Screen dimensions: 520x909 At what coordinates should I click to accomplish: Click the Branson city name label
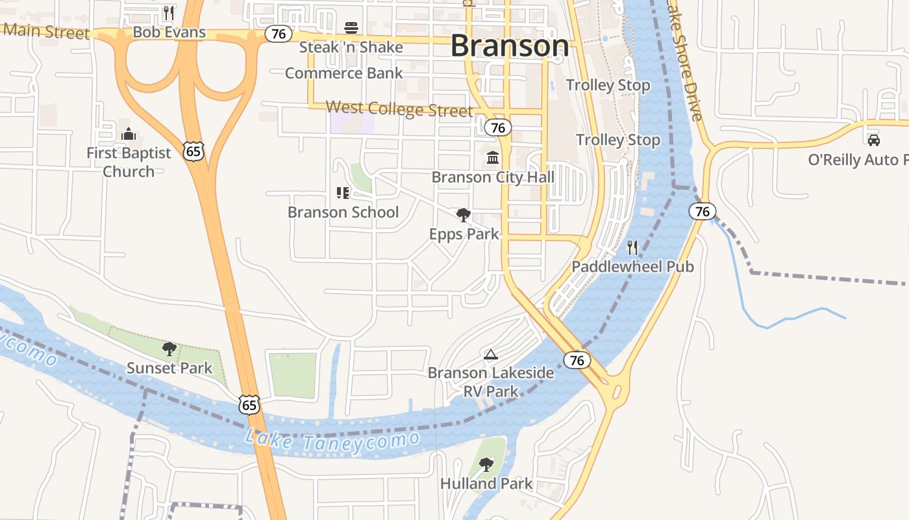coord(509,45)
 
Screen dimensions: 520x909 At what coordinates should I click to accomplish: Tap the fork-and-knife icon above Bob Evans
coord(169,12)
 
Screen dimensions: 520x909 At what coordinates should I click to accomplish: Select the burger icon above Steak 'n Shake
coord(351,28)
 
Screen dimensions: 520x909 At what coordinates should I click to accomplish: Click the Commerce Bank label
coord(344,73)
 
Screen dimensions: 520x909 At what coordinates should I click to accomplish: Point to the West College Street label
coord(399,109)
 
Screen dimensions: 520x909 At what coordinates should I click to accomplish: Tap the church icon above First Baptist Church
coord(129,134)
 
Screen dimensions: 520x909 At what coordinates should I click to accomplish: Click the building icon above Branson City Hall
coord(493,157)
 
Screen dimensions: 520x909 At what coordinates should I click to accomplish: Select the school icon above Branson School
coord(343,192)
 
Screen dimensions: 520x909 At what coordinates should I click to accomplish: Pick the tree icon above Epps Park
coord(464,214)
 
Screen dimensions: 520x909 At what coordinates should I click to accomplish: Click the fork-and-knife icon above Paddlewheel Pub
coord(632,247)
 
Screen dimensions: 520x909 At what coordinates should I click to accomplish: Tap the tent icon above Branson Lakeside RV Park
coord(491,354)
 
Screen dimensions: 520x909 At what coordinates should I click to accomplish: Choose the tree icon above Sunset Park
coord(169,349)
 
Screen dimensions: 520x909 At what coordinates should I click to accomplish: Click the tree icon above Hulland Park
coord(486,464)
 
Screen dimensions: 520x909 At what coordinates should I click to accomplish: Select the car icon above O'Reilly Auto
coord(874,140)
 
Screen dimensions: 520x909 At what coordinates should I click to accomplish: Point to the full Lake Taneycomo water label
coord(332,439)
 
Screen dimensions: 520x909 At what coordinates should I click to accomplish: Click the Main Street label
coord(45,31)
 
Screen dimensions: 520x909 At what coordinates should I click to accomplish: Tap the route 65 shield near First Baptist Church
coord(194,151)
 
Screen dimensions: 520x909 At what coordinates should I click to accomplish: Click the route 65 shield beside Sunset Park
coord(249,404)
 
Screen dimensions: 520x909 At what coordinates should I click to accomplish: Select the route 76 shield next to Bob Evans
coord(279,34)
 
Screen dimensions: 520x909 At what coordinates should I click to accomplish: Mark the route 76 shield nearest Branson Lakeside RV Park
coord(577,360)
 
